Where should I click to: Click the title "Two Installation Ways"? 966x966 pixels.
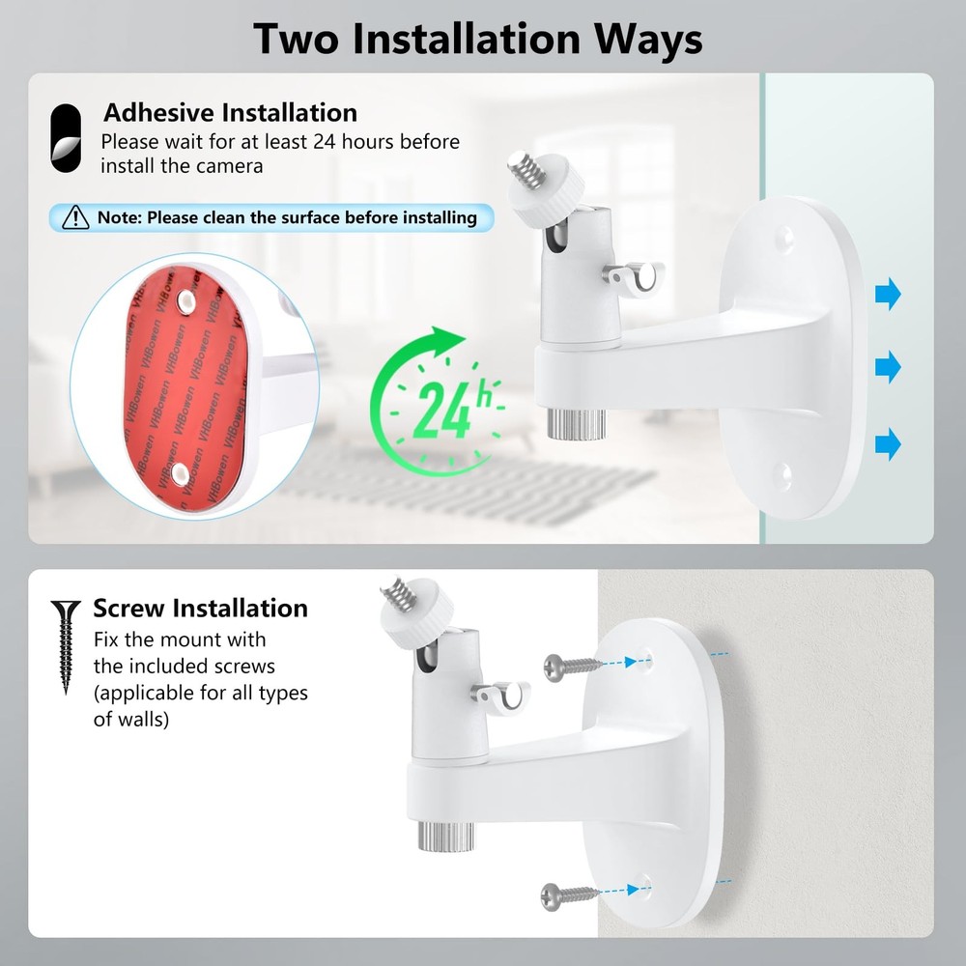pyautogui.click(x=477, y=38)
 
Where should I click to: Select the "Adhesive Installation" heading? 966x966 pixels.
pyautogui.click(x=230, y=113)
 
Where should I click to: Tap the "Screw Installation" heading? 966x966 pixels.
pyautogui.click(x=200, y=609)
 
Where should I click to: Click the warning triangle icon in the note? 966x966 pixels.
pyautogui.click(x=75, y=217)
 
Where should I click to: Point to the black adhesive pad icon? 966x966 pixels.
pyautogui.click(x=66, y=139)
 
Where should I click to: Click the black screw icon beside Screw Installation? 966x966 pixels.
pyautogui.click(x=66, y=646)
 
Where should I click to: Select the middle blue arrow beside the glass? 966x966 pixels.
pyautogui.click(x=888, y=367)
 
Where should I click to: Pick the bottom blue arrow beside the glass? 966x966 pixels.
pyautogui.click(x=888, y=443)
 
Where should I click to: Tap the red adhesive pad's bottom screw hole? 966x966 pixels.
pyautogui.click(x=181, y=470)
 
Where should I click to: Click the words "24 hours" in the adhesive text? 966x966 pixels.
pyautogui.click(x=351, y=142)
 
